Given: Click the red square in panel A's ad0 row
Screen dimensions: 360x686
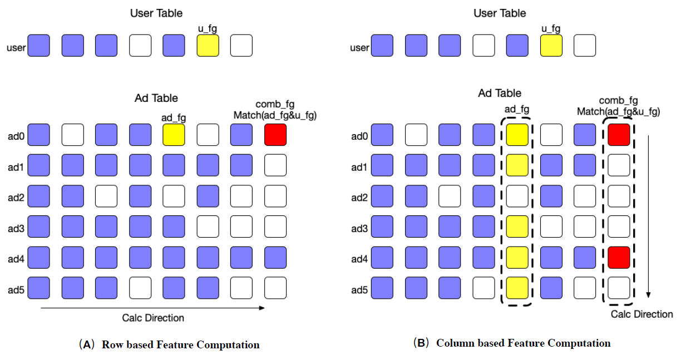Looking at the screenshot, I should pyautogui.click(x=275, y=135).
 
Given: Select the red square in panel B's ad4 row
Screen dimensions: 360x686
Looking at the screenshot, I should pyautogui.click(x=619, y=258).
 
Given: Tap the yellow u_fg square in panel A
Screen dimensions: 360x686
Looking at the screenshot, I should pyautogui.click(x=208, y=45).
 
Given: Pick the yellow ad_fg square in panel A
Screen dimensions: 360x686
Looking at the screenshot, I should pyautogui.click(x=174, y=135).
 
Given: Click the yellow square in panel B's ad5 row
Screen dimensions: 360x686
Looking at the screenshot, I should pyautogui.click(x=517, y=288).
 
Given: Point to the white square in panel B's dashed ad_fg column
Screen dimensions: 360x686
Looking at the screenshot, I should pyautogui.click(x=517, y=196).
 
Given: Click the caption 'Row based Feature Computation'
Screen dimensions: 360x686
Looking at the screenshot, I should pyautogui.click(x=180, y=344).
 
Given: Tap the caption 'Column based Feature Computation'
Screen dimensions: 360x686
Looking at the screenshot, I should pyautogui.click(x=523, y=343).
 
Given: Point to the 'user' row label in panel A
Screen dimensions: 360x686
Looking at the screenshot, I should pyautogui.click(x=16, y=48).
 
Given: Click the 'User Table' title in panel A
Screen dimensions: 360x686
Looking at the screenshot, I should pyautogui.click(x=156, y=12).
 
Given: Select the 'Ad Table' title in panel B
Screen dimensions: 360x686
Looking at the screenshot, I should pyautogui.click(x=500, y=93).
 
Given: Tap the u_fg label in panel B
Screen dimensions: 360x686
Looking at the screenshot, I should pyautogui.click(x=551, y=28).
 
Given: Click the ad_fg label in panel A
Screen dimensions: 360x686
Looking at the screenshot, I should pyautogui.click(x=174, y=117).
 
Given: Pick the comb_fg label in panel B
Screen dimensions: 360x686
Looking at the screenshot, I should pyautogui.click(x=618, y=101).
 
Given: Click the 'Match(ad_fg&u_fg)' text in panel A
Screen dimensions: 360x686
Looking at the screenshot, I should pyautogui.click(x=275, y=115).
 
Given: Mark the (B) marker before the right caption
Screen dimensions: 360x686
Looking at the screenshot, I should pyautogui.click(x=421, y=343).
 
